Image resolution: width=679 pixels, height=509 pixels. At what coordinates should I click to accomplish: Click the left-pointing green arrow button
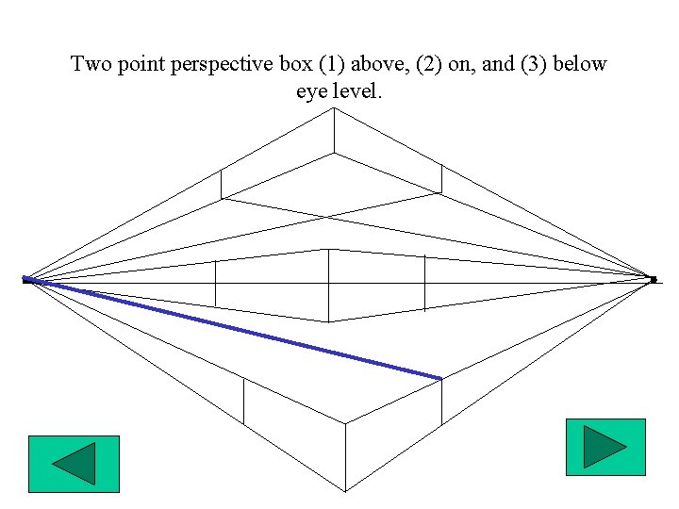point(74,464)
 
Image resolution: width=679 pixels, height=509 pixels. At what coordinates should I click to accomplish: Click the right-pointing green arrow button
point(604,447)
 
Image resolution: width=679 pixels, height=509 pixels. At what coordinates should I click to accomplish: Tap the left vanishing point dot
point(26,279)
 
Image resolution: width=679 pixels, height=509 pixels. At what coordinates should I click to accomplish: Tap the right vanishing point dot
point(653,279)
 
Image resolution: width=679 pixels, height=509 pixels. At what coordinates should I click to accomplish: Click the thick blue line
point(236,329)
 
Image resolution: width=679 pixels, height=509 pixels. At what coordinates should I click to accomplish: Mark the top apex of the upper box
point(333,109)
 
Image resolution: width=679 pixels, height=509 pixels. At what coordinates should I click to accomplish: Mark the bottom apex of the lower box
point(345,491)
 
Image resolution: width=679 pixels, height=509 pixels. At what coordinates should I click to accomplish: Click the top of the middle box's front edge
point(328,250)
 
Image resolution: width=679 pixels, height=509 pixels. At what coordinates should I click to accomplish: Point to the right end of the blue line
point(440,378)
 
